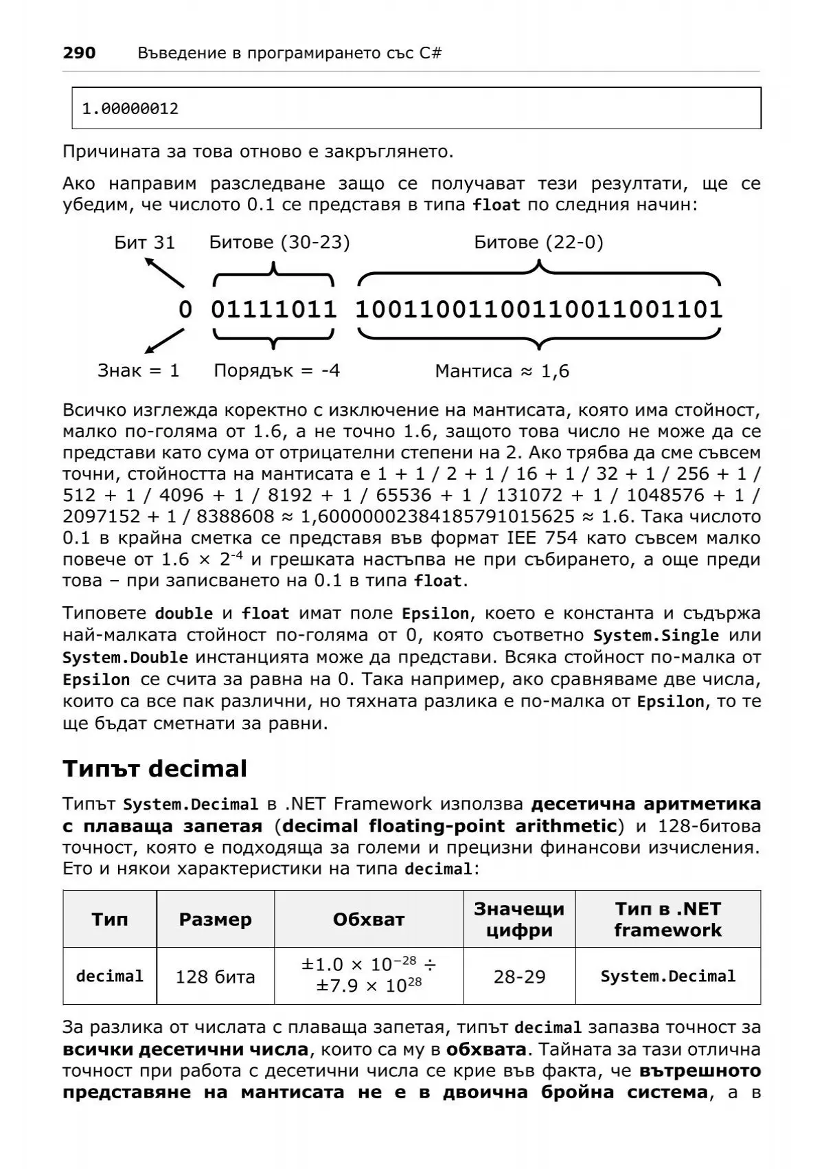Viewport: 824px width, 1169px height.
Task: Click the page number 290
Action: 79,53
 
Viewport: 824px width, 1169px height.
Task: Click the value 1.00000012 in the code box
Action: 130,109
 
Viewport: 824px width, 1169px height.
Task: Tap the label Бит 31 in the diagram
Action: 145,242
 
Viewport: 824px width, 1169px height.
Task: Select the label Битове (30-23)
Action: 279,242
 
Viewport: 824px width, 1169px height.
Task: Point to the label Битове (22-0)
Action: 538,242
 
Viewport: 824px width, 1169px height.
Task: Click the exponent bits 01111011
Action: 274,309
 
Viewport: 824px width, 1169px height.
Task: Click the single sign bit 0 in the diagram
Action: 185,309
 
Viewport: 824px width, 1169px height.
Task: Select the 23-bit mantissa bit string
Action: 539,309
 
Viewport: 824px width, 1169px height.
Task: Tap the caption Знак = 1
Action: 139,371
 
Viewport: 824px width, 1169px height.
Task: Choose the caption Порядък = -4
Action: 277,371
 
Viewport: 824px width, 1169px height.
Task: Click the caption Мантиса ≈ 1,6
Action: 502,372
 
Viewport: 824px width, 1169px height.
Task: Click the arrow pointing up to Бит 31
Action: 164,273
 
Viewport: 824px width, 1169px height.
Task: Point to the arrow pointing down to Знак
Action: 165,341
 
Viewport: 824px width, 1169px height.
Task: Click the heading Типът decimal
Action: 154,768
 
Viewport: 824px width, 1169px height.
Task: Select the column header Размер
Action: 215,919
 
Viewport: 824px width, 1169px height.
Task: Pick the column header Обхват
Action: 369,919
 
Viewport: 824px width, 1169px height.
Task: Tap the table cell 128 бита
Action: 215,977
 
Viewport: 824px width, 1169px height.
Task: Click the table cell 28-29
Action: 520,977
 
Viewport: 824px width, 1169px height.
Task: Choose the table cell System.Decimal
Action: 667,977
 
